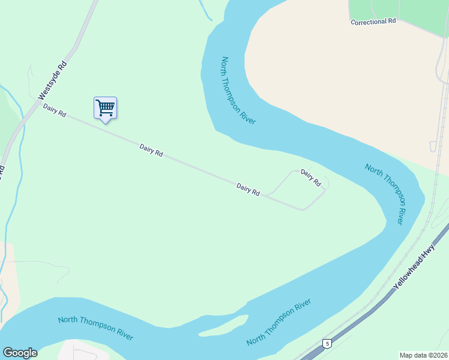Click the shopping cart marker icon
pyautogui.click(x=105, y=109)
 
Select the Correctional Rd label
pyautogui.click(x=373, y=21)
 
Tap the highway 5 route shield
pyautogui.click(x=327, y=343)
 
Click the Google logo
pyautogui.click(x=20, y=353)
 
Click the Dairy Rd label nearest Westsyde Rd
pyautogui.click(x=54, y=110)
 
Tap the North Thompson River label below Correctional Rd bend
pyautogui.click(x=238, y=91)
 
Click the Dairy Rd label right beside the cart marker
pyautogui.click(x=151, y=149)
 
